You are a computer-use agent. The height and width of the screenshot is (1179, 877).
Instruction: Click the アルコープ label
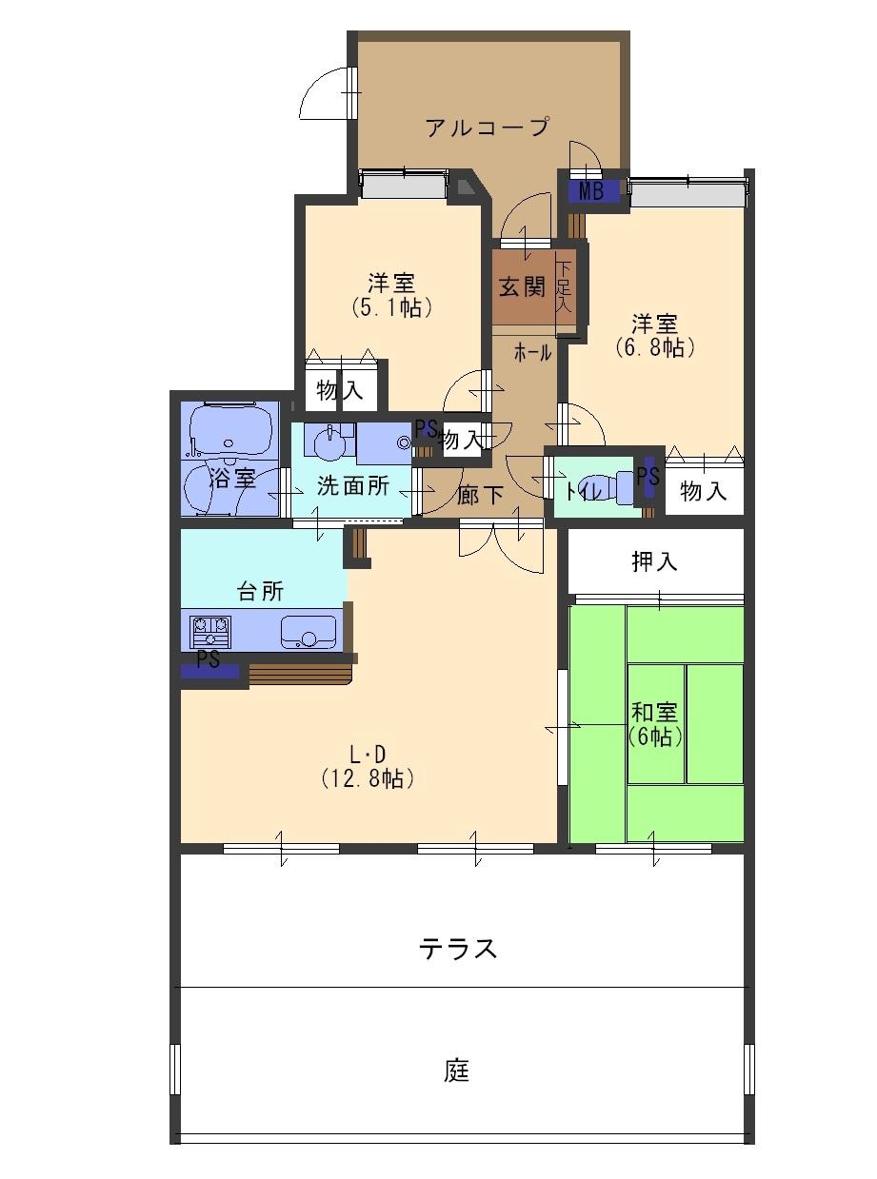(487, 127)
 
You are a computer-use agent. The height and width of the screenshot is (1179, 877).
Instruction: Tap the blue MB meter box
(591, 191)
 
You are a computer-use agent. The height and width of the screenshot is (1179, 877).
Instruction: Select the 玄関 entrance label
(522, 286)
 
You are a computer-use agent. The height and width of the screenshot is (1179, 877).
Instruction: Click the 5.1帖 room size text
(391, 307)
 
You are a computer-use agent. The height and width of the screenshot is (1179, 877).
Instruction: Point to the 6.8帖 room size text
(655, 347)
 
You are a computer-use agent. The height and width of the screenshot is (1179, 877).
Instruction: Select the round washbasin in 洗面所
(329, 444)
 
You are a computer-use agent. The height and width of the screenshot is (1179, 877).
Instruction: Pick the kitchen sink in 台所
(307, 632)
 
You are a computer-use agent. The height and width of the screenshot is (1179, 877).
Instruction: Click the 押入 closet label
(655, 561)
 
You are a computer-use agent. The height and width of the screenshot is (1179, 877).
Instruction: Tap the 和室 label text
(655, 711)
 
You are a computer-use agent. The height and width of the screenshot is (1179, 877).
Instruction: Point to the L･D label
(367, 755)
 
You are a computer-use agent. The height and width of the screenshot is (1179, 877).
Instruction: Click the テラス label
(458, 949)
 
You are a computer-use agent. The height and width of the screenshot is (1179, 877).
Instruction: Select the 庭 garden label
(458, 1071)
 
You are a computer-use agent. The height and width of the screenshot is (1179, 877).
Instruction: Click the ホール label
(532, 353)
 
